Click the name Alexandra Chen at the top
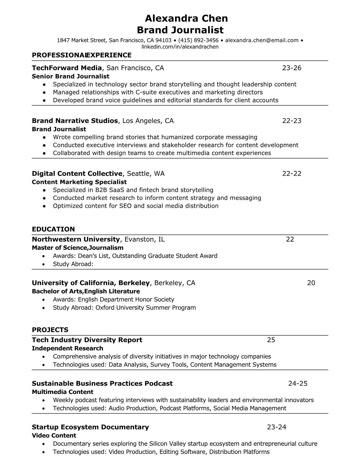[186, 19]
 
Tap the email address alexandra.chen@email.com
[262, 40]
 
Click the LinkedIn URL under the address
[180, 47]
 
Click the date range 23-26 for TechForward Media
[292, 68]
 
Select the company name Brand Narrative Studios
[75, 121]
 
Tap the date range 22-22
[292, 174]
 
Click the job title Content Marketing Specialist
[79, 182]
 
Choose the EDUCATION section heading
[53, 229]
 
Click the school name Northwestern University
[76, 239]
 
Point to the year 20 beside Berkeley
[311, 283]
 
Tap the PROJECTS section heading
[50, 330]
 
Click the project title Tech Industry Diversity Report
[87, 340]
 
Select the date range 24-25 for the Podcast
[298, 383]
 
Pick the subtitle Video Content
[54, 435]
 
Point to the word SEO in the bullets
[125, 206]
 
